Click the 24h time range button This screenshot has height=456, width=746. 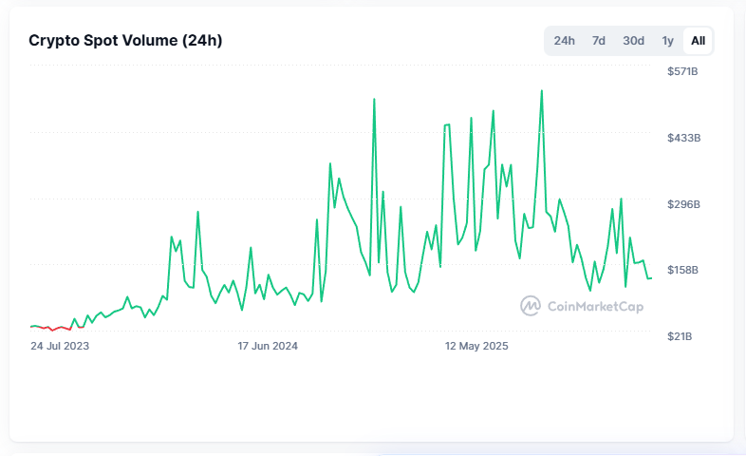(564, 41)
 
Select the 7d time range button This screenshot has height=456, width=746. (599, 41)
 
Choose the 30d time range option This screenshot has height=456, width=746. (633, 41)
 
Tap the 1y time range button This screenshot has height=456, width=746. (667, 41)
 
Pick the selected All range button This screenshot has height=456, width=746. (698, 41)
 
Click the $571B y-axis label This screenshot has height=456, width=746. (682, 71)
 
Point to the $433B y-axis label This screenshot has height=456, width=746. (683, 138)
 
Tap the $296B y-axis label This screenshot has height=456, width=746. (683, 204)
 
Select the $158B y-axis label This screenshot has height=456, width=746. (682, 270)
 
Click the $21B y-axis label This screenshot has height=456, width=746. (680, 336)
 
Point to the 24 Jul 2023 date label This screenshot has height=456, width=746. (60, 346)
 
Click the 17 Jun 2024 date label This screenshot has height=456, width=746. (268, 346)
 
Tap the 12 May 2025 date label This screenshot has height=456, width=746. (476, 346)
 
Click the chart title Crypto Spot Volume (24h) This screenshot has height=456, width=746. (125, 41)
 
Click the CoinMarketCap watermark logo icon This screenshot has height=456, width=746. (530, 306)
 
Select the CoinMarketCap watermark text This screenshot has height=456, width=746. (595, 306)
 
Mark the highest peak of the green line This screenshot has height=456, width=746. (541, 90)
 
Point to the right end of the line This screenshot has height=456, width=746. (651, 278)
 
